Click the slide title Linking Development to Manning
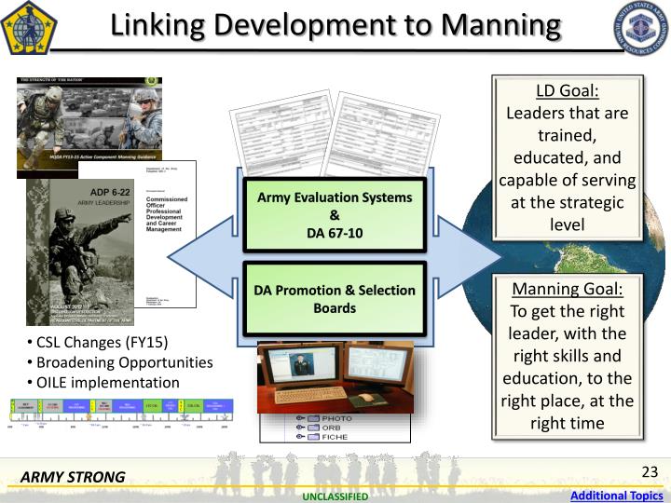coord(335,25)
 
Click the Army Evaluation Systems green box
coord(334,214)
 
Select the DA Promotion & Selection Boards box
coord(334,299)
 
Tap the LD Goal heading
coord(567,91)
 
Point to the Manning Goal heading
coord(567,289)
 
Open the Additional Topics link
coord(616,496)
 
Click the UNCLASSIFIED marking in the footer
coord(335,496)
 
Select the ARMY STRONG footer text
coord(73,478)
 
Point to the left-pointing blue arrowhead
coord(191,254)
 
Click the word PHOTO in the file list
coord(336,418)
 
